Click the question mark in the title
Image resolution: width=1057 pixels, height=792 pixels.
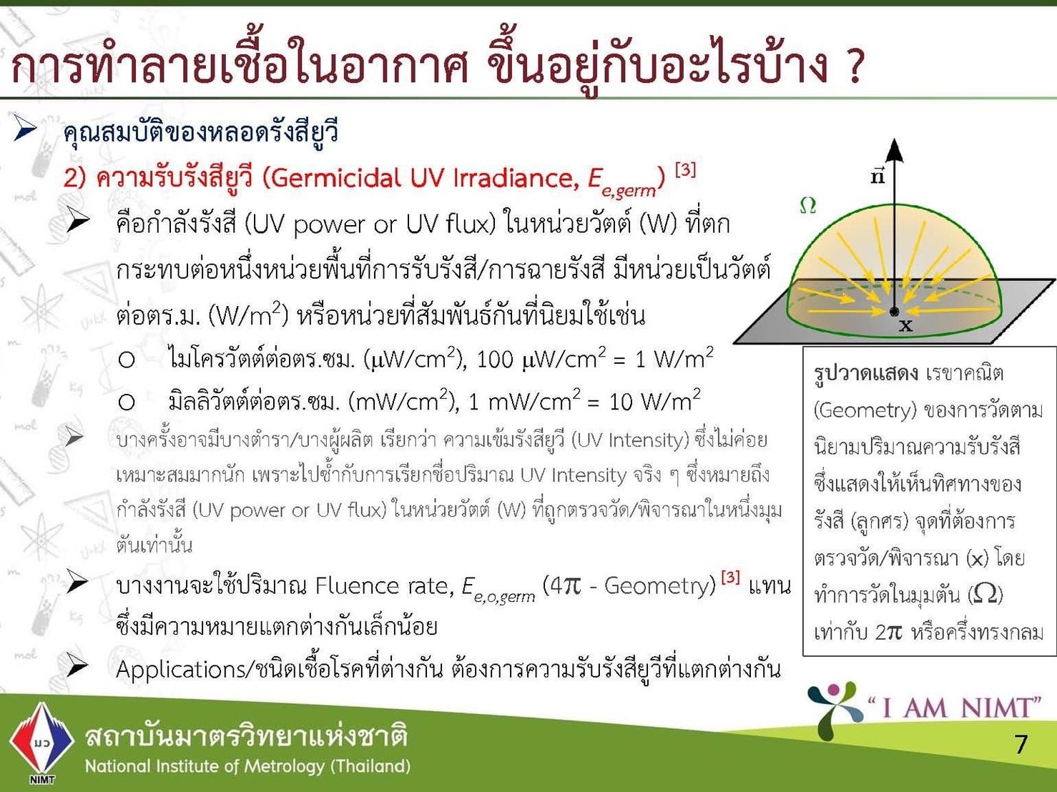[x=853, y=66]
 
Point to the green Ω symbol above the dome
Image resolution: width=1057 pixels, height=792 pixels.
[x=807, y=205]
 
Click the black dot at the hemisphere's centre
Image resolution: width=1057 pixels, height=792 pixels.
[x=894, y=312]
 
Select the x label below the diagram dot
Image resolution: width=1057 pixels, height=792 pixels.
[x=905, y=326]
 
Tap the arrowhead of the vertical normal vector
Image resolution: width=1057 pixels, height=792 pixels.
[x=894, y=149]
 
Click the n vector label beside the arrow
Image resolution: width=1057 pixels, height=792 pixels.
[x=877, y=176]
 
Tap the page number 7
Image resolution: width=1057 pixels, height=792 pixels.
[x=1021, y=744]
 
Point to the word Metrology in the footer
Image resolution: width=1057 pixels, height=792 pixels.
[x=284, y=766]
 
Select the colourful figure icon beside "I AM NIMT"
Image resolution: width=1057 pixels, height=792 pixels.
[x=835, y=711]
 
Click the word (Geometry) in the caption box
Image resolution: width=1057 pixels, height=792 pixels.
[x=865, y=410]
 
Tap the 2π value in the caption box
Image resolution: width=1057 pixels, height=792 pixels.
[x=888, y=632]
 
